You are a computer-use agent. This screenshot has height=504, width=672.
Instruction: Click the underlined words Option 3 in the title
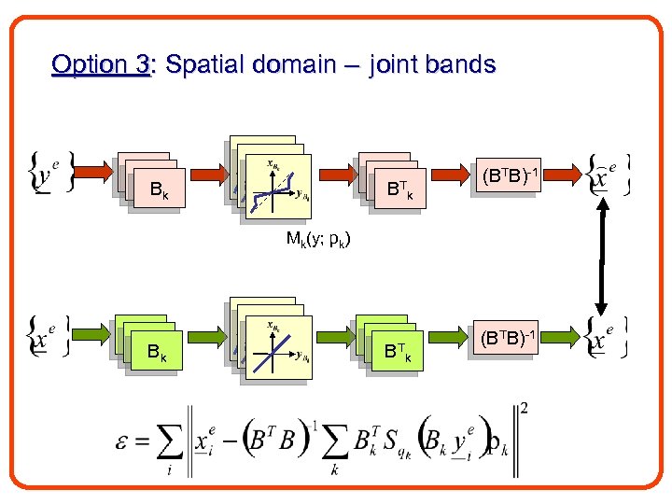point(101,65)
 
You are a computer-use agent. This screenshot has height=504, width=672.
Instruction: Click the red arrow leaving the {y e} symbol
point(93,173)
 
